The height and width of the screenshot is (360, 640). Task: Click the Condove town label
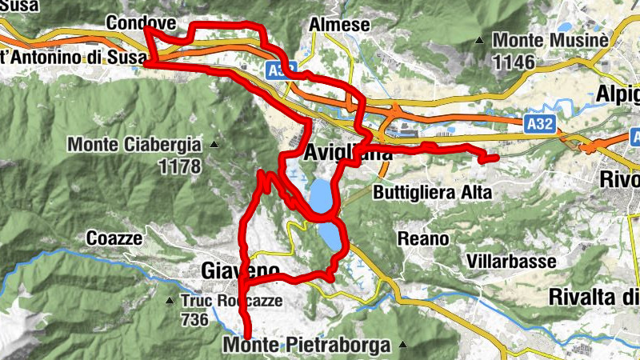134,21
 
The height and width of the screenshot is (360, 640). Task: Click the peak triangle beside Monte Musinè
479,40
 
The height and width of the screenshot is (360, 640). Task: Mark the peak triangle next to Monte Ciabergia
214,145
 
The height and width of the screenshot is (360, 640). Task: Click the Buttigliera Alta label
432,192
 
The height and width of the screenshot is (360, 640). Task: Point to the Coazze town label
114,238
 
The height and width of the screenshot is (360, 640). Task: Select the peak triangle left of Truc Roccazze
170,302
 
